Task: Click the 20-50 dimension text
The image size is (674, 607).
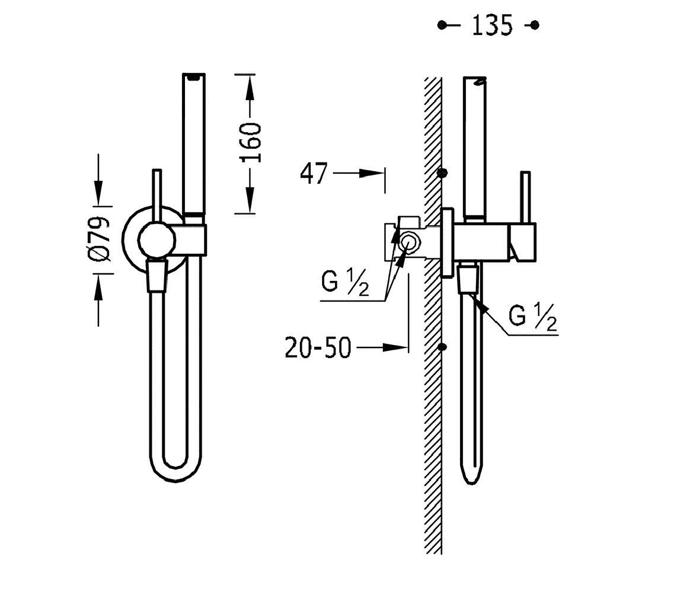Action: point(318,348)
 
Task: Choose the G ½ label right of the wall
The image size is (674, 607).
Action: point(533,317)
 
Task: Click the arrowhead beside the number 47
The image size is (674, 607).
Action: point(372,173)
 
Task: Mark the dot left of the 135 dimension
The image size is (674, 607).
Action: point(442,25)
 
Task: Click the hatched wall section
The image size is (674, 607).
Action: point(433,415)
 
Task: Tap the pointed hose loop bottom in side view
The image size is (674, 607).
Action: point(472,477)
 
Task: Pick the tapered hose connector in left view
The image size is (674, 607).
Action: point(156,277)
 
